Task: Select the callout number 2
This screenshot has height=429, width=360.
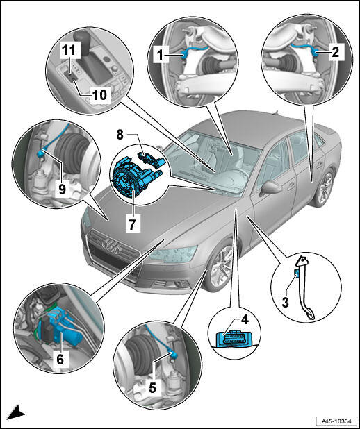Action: click(335, 51)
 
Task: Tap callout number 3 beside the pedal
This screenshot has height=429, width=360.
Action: click(285, 303)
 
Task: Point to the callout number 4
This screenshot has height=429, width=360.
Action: click(245, 319)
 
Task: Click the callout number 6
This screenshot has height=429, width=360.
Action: click(60, 359)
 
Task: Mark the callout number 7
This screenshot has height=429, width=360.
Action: click(132, 224)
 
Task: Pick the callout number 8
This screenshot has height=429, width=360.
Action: click(120, 135)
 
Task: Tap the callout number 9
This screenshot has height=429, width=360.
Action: click(62, 189)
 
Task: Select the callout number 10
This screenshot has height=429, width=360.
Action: click(99, 95)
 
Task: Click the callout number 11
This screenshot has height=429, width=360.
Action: click(69, 50)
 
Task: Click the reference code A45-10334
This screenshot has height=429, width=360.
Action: click(336, 421)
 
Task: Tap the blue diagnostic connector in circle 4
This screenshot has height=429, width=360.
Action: click(229, 339)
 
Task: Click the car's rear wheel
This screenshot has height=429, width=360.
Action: click(325, 189)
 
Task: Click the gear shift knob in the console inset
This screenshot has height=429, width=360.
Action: click(83, 38)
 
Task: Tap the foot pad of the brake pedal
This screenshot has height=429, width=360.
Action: click(310, 314)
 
